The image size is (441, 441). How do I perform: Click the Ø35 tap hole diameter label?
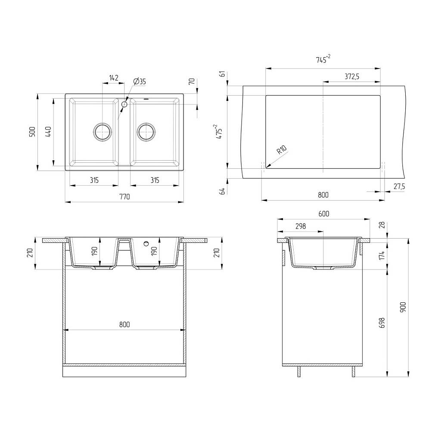[140, 81]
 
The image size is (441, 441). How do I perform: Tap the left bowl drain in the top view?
[102, 132]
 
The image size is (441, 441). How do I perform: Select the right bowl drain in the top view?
[146, 132]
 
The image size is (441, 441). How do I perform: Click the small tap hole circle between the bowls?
[124, 104]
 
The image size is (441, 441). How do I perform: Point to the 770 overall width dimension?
[124, 196]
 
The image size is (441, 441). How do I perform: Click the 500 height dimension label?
[32, 132]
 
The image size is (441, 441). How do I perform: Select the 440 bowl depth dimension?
[48, 132]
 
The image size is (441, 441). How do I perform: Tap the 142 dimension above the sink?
[114, 78]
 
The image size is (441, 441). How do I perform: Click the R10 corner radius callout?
[282, 149]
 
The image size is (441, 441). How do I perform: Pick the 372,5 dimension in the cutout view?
[352, 76]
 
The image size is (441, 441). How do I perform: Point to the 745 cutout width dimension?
[323, 59]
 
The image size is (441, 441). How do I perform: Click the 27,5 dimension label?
[399, 186]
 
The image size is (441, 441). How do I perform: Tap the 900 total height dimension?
[403, 307]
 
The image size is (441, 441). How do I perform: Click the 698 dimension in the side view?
[382, 323]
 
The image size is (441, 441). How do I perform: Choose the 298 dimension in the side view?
[301, 226]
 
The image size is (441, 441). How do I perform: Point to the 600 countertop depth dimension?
[324, 214]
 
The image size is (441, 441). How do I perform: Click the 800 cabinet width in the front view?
[124, 325]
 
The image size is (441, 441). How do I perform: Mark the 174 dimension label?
[382, 256]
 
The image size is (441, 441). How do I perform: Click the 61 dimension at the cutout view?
[222, 75]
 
